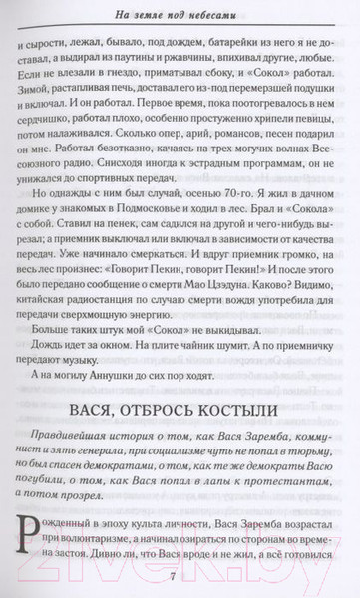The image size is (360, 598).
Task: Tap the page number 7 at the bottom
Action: coord(180,580)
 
